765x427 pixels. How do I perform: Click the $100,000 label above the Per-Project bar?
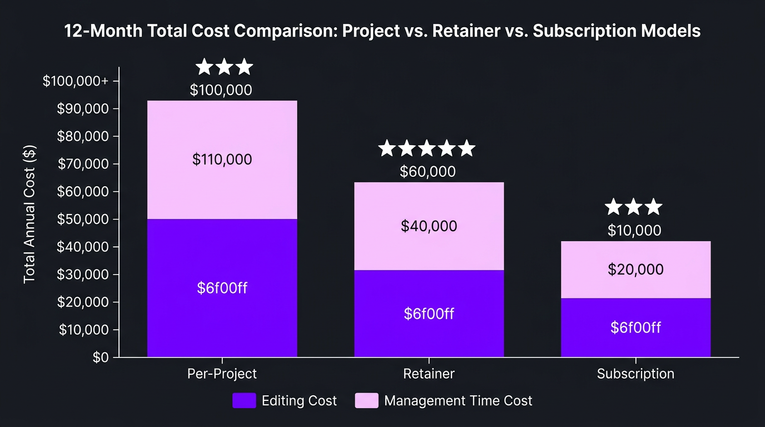221,90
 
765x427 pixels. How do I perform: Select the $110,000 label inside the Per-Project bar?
222,160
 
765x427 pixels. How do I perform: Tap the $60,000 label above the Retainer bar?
428,171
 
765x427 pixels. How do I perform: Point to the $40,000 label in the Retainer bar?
429,226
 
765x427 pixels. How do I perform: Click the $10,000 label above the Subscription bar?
634,230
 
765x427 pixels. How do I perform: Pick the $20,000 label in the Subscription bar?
635,270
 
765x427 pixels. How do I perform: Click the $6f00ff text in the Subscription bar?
635,327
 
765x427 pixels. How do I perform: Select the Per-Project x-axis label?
222,374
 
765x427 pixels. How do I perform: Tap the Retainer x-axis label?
429,374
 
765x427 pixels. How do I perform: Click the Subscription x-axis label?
635,374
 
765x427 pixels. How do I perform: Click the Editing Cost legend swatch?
244,400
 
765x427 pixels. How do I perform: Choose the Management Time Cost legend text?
458,400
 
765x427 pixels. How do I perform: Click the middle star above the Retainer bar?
427,148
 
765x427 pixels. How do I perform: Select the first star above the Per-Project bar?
205,67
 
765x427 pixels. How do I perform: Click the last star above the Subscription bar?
654,207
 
